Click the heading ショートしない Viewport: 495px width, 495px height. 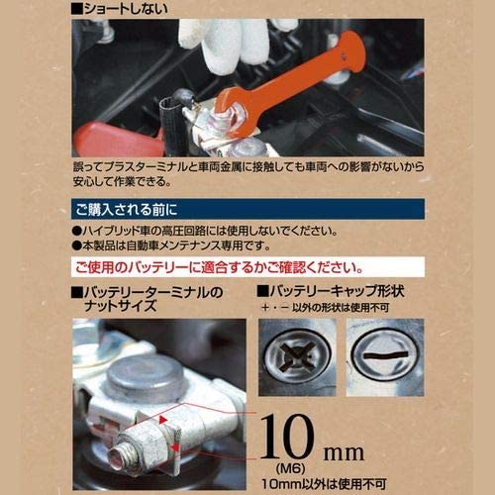pos(120,9)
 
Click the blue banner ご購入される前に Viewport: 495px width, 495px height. pos(247,209)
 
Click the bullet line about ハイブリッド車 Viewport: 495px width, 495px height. pos(205,231)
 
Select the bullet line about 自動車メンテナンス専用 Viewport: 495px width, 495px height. pos(171,246)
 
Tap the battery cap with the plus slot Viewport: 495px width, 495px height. pos(297,357)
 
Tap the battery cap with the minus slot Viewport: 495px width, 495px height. pos(385,357)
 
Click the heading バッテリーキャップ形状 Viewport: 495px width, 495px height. pos(331,291)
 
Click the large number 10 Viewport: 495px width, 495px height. pos(286,437)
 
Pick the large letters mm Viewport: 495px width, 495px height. pos(344,452)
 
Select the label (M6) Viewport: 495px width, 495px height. pos(290,468)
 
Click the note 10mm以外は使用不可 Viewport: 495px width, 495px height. pos(324,484)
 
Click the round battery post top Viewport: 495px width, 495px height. pos(146,375)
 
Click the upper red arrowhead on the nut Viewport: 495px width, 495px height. pos(163,420)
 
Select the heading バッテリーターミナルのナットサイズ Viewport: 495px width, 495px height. pos(148,299)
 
